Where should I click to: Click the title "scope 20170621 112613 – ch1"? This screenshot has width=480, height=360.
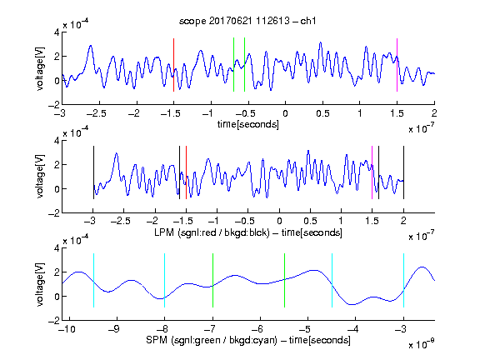[247, 21]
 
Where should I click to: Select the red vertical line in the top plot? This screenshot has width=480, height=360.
[173, 65]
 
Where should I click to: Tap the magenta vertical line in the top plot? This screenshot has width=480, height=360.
[397, 65]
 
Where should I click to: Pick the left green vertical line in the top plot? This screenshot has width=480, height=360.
[233, 65]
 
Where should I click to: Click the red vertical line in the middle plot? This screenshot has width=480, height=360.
[186, 172]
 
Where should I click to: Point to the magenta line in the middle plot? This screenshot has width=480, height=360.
[372, 172]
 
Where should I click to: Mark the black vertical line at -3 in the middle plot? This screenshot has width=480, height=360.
[93, 172]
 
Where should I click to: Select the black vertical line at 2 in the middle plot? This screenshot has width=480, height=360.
[403, 172]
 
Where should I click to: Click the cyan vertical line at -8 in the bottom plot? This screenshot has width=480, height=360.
[164, 280]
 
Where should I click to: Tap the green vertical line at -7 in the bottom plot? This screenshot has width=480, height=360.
[212, 280]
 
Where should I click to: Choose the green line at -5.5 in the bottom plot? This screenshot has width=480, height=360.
[284, 280]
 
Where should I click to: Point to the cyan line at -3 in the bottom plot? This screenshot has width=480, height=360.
[403, 280]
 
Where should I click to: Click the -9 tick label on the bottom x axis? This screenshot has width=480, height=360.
[114, 329]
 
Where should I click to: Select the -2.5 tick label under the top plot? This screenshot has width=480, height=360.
[96, 113]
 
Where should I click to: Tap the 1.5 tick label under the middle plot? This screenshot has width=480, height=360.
[372, 221]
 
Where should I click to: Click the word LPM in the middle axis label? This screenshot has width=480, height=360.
[164, 232]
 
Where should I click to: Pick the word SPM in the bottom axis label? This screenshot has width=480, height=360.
[157, 340]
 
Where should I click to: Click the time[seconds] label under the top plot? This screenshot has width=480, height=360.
[248, 124]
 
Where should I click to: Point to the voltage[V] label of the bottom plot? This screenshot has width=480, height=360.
[40, 284]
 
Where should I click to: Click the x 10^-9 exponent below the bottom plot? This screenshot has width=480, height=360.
[422, 344]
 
